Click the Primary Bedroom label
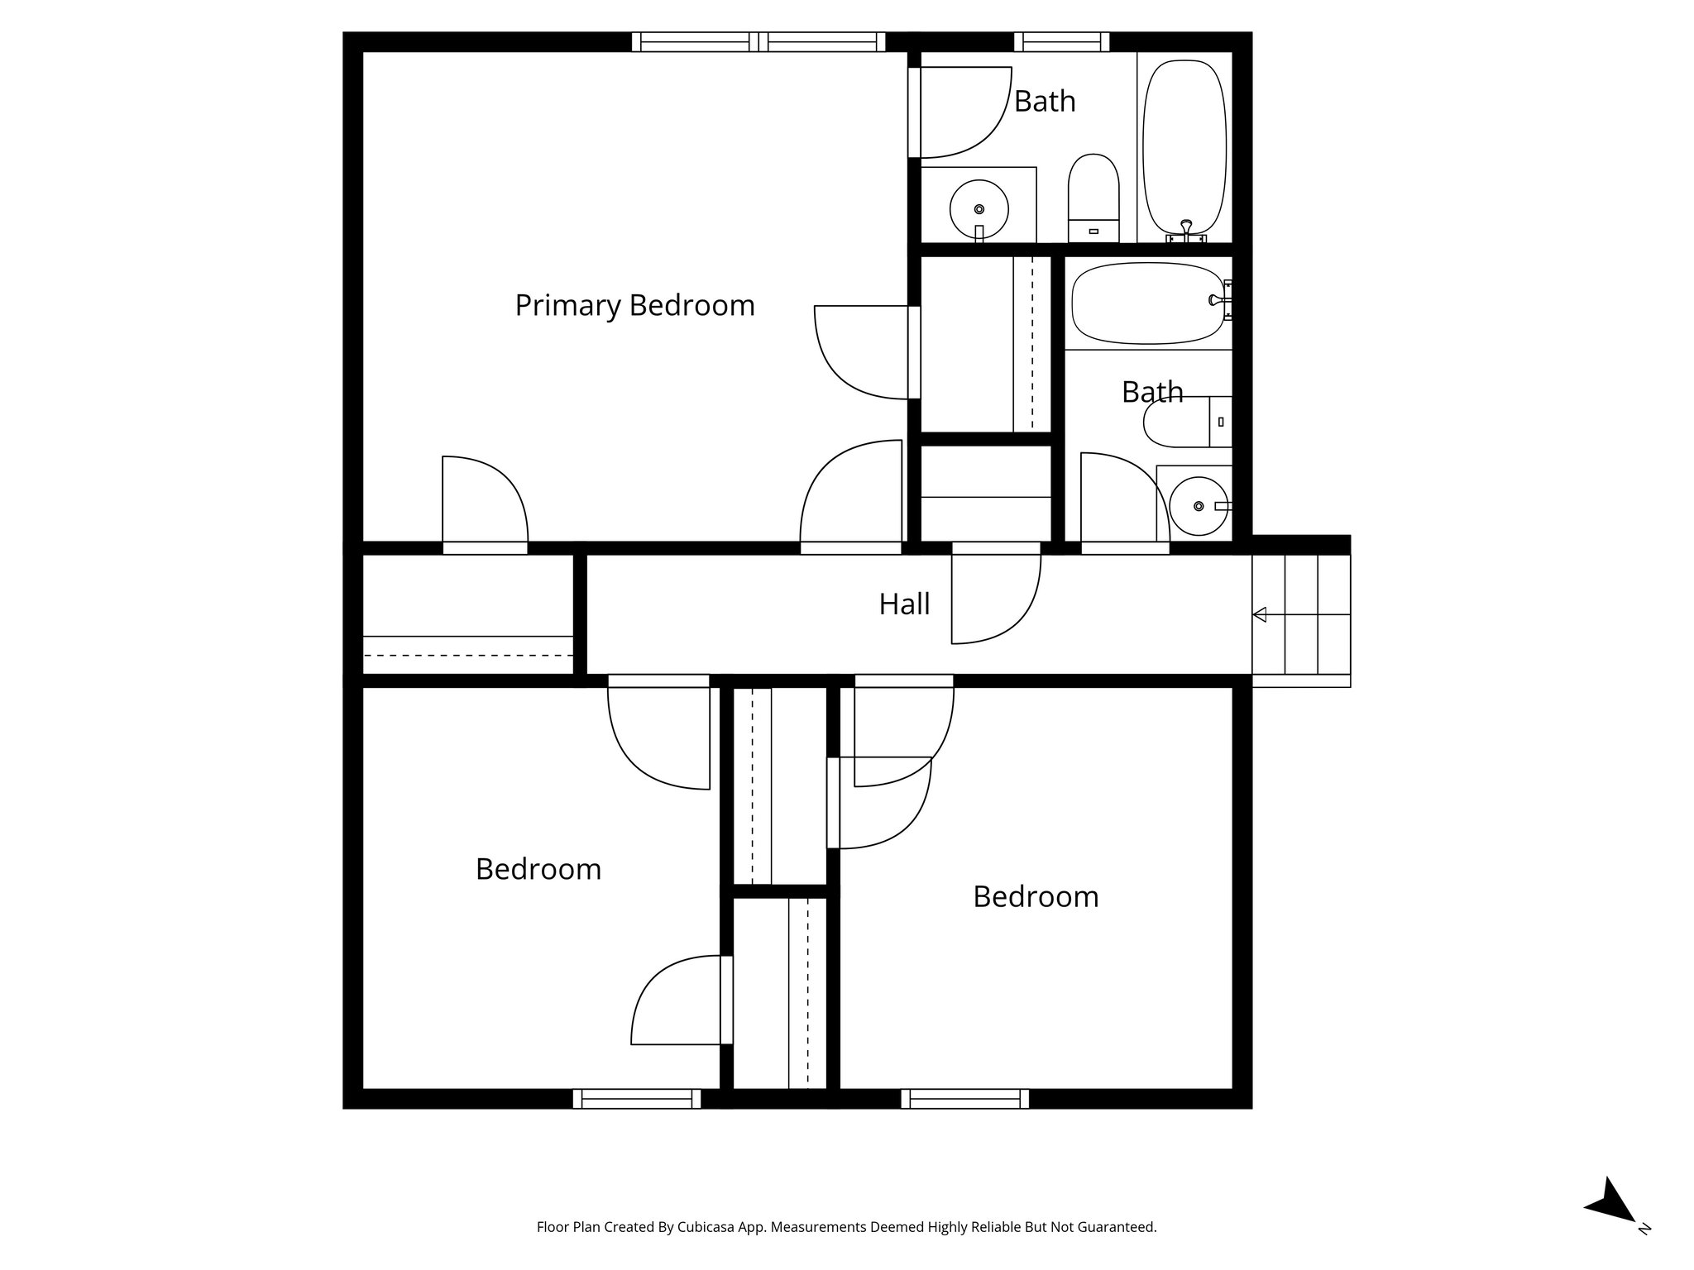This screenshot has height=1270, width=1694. point(634,305)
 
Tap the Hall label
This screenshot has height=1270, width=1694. point(904,604)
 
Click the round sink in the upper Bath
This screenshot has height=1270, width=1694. point(979,208)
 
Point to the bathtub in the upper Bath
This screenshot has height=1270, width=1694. point(1184,146)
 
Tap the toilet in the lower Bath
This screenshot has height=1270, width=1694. point(1184,423)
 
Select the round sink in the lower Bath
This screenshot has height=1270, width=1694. point(1198,506)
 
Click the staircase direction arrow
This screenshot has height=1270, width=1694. point(1260,614)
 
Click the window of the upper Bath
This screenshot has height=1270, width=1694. point(1061,41)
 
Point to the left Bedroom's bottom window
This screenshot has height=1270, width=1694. point(636,1099)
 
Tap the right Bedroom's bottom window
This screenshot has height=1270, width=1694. point(964,1099)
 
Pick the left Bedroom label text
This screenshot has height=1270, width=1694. point(538,869)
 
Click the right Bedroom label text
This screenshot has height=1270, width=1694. point(1035,896)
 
